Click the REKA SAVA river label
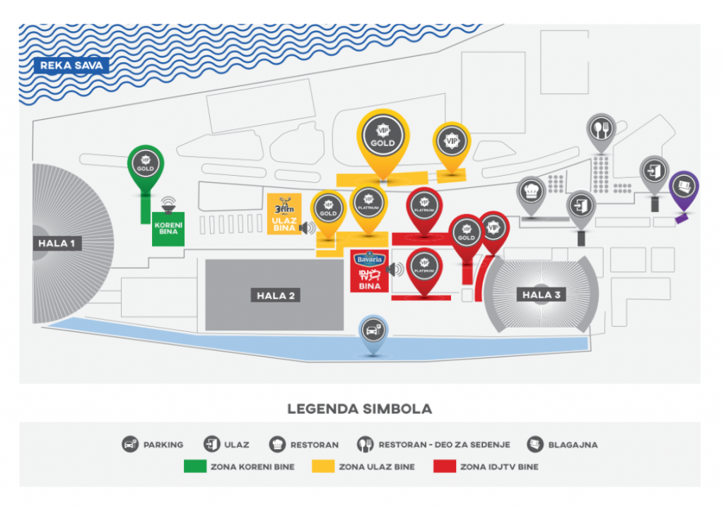[x=72, y=66]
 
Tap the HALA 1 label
[x=57, y=244]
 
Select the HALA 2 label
[x=275, y=295]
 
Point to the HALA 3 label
[x=542, y=294]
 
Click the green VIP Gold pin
[x=145, y=165]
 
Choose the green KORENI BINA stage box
[x=168, y=229]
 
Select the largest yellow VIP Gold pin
[x=383, y=136]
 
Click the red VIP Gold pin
[x=466, y=232]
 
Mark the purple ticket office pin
[x=684, y=187]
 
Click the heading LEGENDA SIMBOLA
[x=359, y=409]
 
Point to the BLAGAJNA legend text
[x=573, y=445]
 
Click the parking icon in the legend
[x=129, y=445]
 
